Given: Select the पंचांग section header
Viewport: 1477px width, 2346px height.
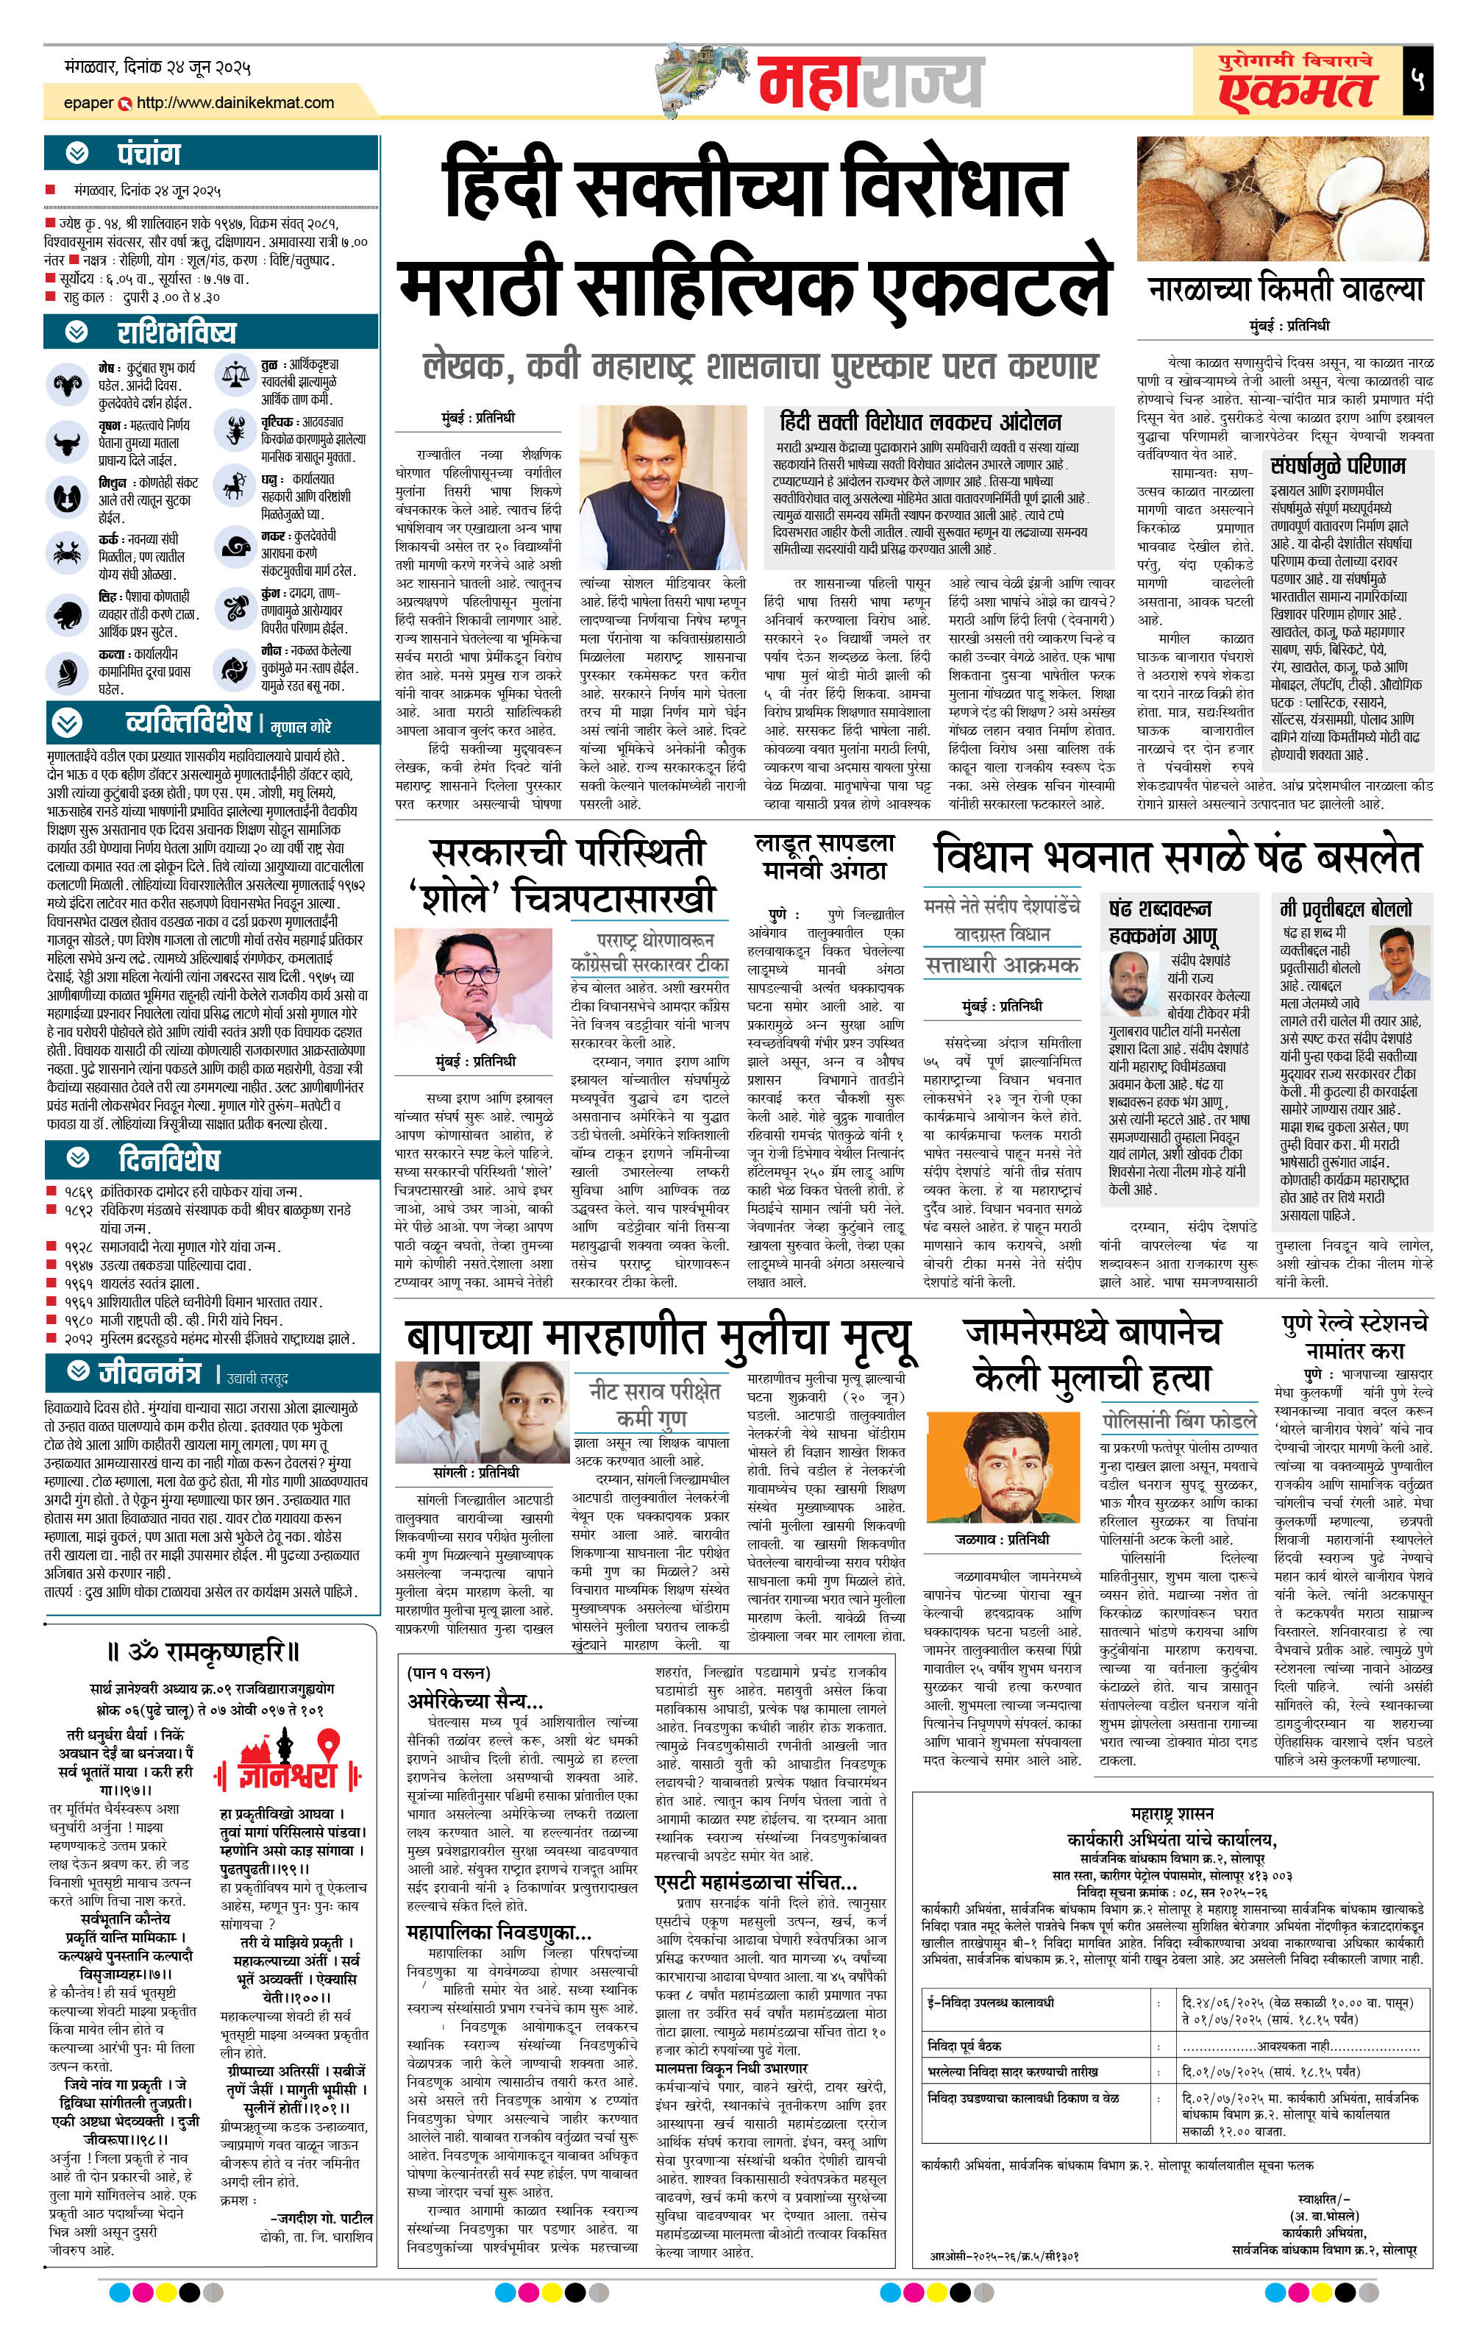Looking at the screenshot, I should (148, 154).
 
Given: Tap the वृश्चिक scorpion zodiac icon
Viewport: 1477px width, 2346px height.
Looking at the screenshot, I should (234, 430).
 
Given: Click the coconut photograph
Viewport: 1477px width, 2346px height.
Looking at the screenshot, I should (1281, 199).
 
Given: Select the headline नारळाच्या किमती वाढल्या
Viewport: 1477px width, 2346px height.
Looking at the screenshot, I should (1285, 289).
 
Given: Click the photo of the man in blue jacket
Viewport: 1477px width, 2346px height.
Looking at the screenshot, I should (663, 488).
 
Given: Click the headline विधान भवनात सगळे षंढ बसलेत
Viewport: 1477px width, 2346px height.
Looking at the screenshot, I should (1177, 856).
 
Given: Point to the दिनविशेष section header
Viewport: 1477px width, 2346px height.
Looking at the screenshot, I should (168, 1159).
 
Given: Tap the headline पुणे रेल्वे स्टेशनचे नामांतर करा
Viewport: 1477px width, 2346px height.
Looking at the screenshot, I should (1354, 1337).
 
